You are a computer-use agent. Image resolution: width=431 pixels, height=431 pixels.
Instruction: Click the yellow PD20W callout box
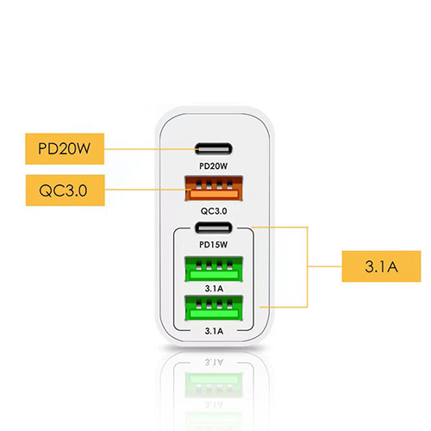click(x=65, y=149)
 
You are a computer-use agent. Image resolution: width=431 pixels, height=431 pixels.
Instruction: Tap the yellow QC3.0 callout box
click(x=66, y=191)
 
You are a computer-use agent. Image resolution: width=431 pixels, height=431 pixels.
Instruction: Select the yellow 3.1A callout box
click(x=381, y=266)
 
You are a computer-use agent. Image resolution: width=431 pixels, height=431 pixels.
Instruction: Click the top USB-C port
click(x=214, y=149)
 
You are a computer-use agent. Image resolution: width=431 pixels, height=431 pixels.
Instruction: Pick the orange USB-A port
click(x=214, y=189)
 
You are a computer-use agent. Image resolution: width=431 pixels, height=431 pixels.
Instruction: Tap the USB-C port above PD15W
click(x=214, y=228)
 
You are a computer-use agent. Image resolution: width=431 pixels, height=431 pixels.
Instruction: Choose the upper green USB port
click(x=214, y=269)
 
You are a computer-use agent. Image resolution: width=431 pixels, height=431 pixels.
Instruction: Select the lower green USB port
click(x=214, y=308)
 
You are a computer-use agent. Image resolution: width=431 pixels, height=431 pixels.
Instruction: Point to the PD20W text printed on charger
click(x=214, y=166)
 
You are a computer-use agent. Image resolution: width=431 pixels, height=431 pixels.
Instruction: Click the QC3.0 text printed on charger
click(x=214, y=211)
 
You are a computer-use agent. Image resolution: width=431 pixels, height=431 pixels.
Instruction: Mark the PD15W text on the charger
click(x=214, y=245)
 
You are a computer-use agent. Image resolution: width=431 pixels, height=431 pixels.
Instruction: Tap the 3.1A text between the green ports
click(x=214, y=289)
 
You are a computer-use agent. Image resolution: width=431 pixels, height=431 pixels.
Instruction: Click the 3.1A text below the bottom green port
click(x=214, y=331)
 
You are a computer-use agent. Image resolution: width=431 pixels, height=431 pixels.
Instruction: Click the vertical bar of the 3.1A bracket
click(x=308, y=267)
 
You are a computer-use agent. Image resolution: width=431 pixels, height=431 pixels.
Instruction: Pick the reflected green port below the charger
click(x=214, y=385)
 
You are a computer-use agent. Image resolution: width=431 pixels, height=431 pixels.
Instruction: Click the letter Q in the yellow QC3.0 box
click(x=45, y=191)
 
